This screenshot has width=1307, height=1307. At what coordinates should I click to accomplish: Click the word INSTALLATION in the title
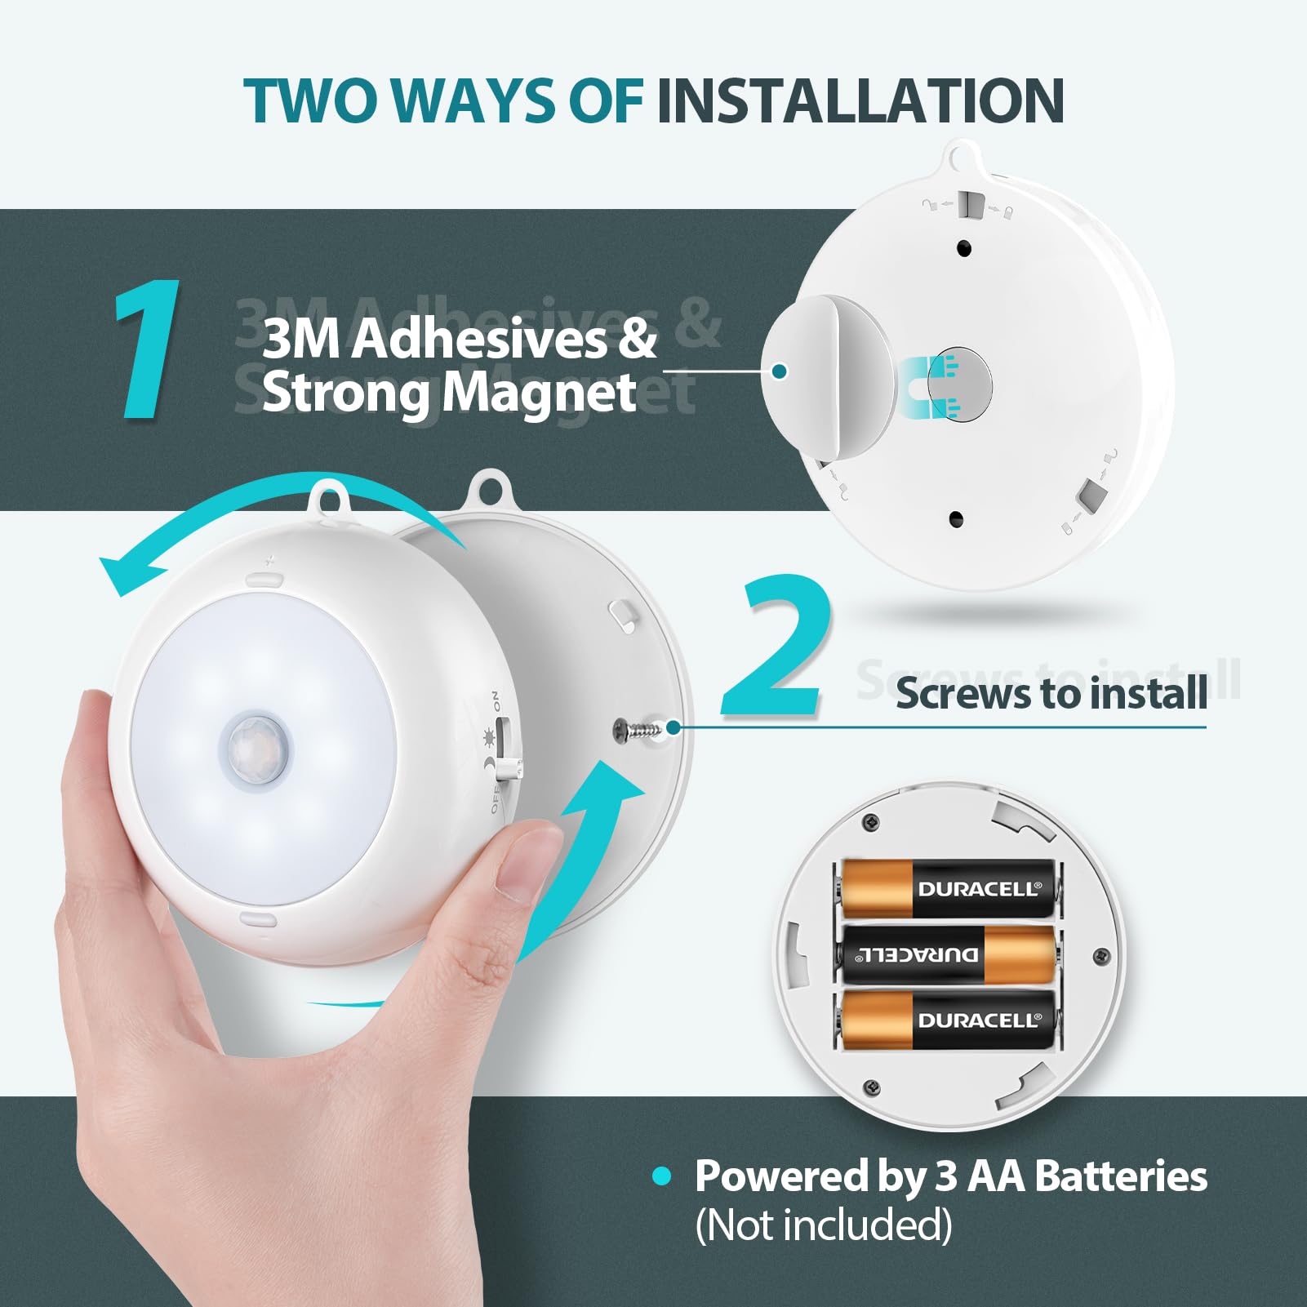coord(860,101)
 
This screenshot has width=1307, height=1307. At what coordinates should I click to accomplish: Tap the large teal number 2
coord(776,647)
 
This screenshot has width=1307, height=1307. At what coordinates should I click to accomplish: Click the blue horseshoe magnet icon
coord(927,387)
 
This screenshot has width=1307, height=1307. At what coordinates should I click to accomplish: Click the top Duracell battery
coord(947,888)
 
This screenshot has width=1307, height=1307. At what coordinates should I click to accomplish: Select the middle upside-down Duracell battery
coord(947,954)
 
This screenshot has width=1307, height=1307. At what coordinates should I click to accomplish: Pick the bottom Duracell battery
coord(947,1020)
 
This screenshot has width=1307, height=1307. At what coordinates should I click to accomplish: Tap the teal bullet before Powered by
coord(661,1176)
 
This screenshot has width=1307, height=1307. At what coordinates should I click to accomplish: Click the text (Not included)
coord(823,1225)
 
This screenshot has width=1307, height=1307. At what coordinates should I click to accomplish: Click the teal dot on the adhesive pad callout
coord(779,371)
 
